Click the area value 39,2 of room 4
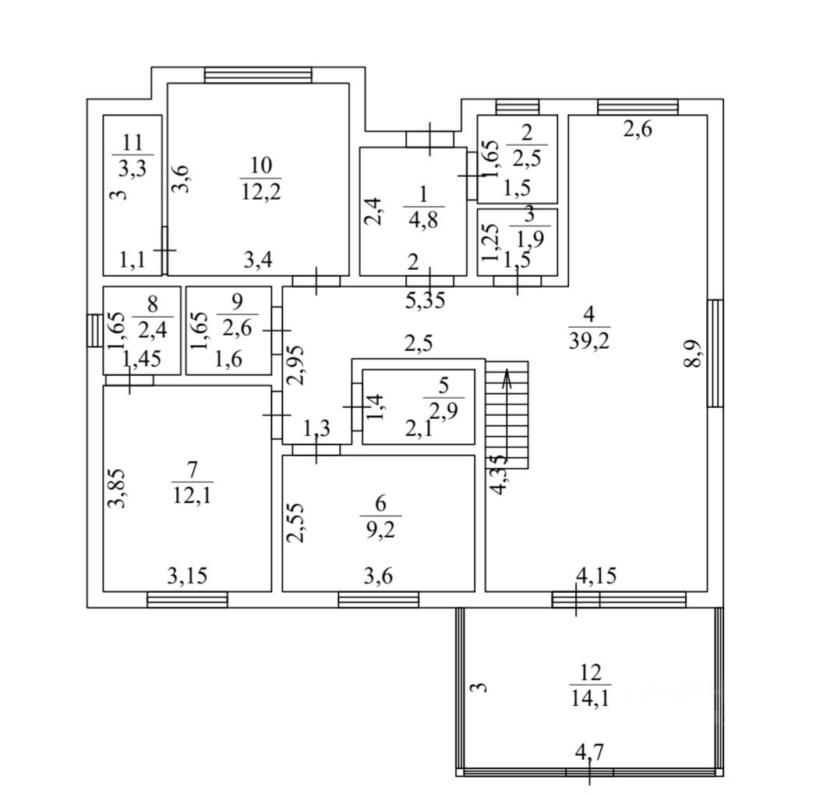(588, 339)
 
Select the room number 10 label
(261, 165)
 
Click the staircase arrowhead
(507, 379)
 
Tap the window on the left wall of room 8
(94, 329)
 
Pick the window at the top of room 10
(258, 75)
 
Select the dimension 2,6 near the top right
(637, 130)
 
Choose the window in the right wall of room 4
(715, 353)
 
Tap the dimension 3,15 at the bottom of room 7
(187, 577)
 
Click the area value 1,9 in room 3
(529, 237)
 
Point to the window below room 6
(378, 599)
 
